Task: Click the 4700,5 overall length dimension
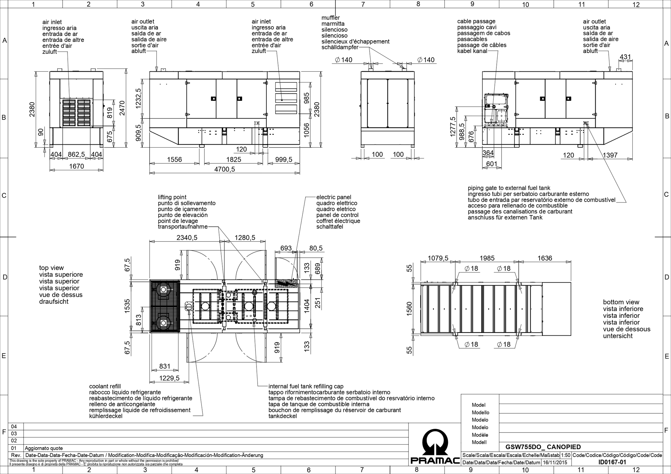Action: pyautogui.click(x=224, y=169)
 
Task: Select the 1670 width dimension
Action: pyautogui.click(x=76, y=166)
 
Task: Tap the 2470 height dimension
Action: pyautogui.click(x=122, y=108)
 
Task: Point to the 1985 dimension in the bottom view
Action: pyautogui.click(x=487, y=258)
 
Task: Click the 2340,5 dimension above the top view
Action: pyautogui.click(x=187, y=238)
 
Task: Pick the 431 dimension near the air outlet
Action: pyautogui.click(x=625, y=57)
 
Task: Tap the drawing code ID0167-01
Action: pyautogui.click(x=612, y=462)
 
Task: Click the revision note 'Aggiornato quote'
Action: pyautogui.click(x=44, y=448)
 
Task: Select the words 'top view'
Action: pyautogui.click(x=51, y=268)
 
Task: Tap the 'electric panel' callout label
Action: pyautogui.click(x=334, y=197)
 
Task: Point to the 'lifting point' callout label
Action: pyautogui.click(x=172, y=197)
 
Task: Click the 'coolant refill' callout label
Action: pyautogui.click(x=105, y=386)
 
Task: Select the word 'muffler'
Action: pyautogui.click(x=331, y=18)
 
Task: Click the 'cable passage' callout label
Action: pyautogui.click(x=476, y=21)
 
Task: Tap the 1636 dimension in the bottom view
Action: pyautogui.click(x=545, y=258)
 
